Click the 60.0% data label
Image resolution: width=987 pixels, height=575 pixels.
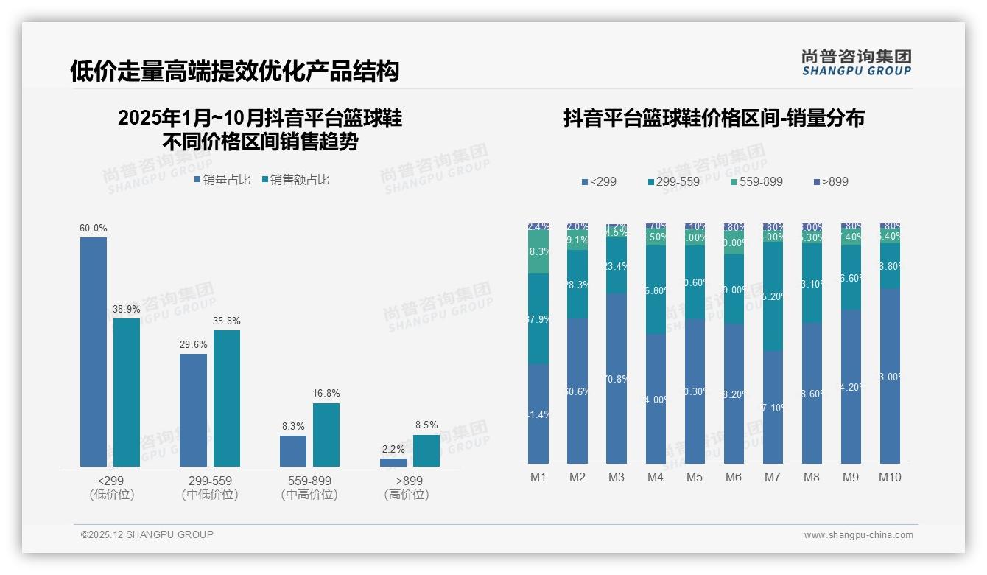(x=94, y=229)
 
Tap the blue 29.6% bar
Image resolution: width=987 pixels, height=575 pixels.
(x=193, y=410)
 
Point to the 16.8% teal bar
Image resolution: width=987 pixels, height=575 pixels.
(x=326, y=434)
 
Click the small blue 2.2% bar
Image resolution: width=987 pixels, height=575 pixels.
(x=393, y=462)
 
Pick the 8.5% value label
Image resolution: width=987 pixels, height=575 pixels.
(x=426, y=425)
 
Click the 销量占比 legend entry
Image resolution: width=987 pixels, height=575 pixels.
(x=222, y=179)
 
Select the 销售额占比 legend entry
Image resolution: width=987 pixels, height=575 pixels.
(x=295, y=179)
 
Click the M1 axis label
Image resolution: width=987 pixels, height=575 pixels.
(x=538, y=477)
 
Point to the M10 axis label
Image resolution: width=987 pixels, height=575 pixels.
(x=890, y=477)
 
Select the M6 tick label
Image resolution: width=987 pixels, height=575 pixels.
(x=734, y=477)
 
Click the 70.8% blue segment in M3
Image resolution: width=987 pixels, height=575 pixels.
(x=617, y=378)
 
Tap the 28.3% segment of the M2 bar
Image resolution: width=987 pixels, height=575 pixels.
(x=577, y=284)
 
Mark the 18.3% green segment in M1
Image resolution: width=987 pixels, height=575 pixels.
(x=538, y=252)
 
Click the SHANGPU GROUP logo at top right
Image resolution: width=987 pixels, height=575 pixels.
(x=857, y=63)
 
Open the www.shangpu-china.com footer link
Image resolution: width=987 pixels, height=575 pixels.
(x=858, y=535)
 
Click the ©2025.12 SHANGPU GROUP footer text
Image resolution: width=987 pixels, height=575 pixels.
(x=147, y=534)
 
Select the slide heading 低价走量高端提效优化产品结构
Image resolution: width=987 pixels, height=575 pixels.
(x=234, y=71)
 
